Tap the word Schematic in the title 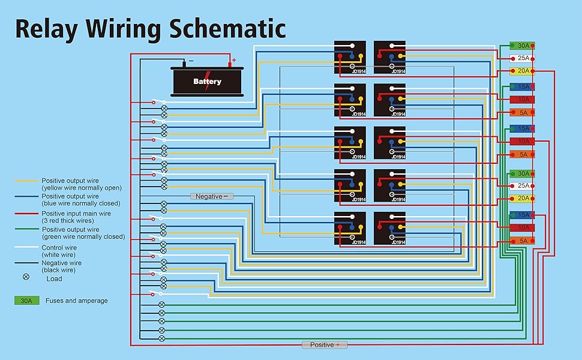[227, 28]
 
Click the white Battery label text [207, 81]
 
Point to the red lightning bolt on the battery [208, 81]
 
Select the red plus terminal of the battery [230, 64]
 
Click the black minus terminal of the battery [184, 64]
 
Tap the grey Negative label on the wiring [212, 196]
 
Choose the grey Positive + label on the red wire [325, 345]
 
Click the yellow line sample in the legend [26, 181]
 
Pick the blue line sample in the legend [26, 196]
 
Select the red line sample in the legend [26, 214]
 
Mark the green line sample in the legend [26, 229]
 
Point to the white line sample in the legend [26, 247]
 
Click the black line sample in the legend [26, 263]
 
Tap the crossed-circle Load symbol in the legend [26, 277]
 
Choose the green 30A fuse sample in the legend [27, 300]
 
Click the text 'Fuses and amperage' [76, 301]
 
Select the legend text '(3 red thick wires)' [68, 220]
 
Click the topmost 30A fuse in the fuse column [522, 46]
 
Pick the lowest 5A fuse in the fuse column [522, 241]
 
